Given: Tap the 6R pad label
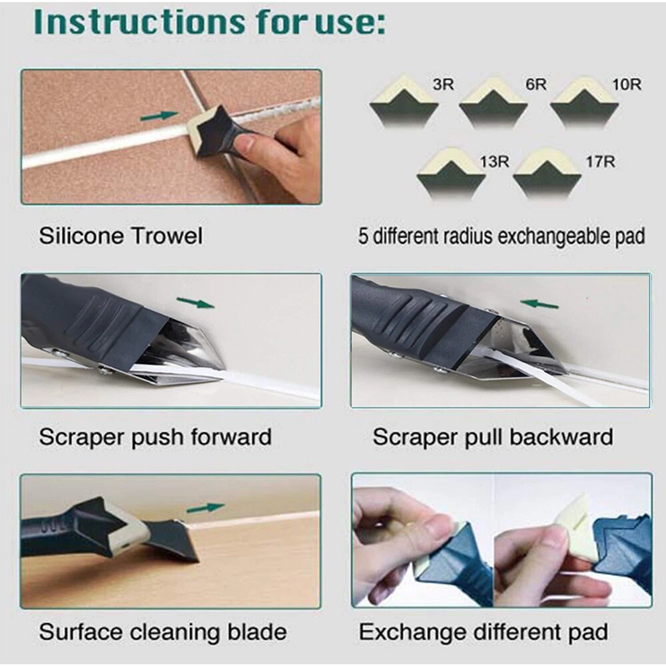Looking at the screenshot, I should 536,85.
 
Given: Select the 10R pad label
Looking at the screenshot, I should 627,85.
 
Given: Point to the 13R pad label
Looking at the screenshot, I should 494,162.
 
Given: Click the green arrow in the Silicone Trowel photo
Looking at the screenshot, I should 159,116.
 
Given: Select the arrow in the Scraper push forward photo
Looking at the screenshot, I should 196,304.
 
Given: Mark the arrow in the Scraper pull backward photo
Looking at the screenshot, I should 539,304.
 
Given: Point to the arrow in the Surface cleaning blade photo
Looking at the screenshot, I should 205,508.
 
